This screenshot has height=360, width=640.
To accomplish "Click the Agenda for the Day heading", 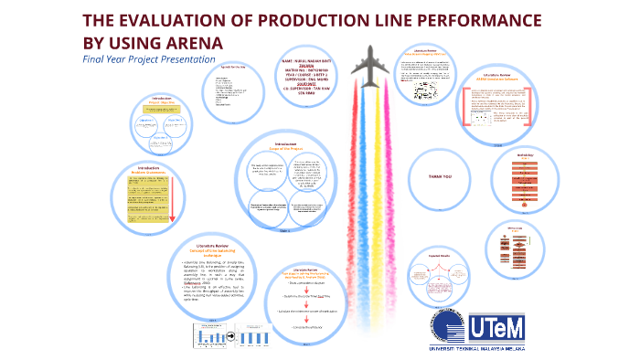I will (223, 67).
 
